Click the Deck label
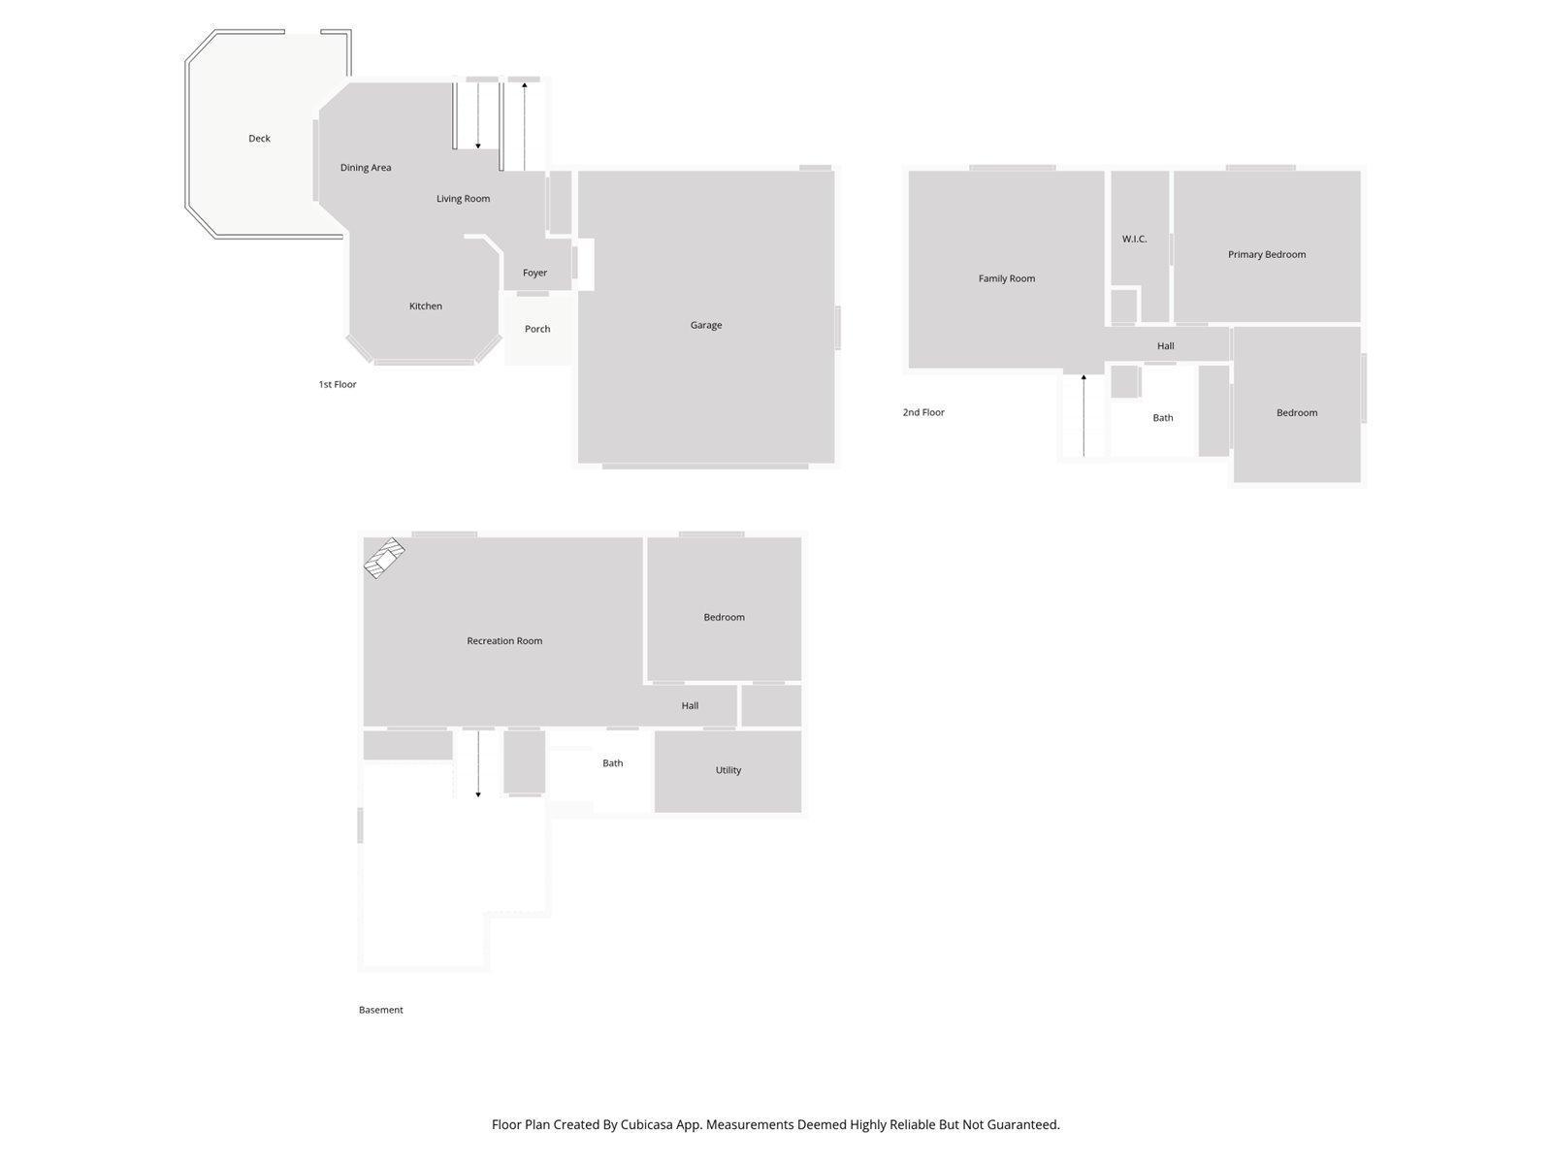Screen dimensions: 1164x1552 pyautogui.click(x=259, y=139)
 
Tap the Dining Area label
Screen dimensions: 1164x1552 pyautogui.click(x=366, y=168)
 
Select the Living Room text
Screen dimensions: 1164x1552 pyautogui.click(x=463, y=199)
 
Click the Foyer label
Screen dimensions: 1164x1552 pyautogui.click(x=534, y=273)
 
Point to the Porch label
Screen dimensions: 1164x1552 pyautogui.click(x=537, y=329)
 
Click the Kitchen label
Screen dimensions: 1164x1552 pyautogui.click(x=425, y=307)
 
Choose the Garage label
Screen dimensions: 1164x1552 pyautogui.click(x=706, y=325)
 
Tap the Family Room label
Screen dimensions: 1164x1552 pyautogui.click(x=1006, y=278)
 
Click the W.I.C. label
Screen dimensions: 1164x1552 pyautogui.click(x=1134, y=239)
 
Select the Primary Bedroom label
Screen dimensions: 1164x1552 pyautogui.click(x=1266, y=254)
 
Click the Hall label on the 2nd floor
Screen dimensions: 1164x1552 pyautogui.click(x=1165, y=346)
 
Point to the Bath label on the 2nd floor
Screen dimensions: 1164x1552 pyautogui.click(x=1162, y=418)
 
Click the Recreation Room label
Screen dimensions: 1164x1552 pyautogui.click(x=504, y=641)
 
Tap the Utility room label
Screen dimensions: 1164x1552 pyautogui.click(x=727, y=770)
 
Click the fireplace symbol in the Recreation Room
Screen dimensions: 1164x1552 pyautogui.click(x=384, y=559)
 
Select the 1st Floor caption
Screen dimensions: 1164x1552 pyautogui.click(x=338, y=385)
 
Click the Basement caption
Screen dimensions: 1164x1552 pyautogui.click(x=380, y=1010)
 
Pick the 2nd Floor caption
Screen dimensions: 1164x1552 pyautogui.click(x=922, y=412)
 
